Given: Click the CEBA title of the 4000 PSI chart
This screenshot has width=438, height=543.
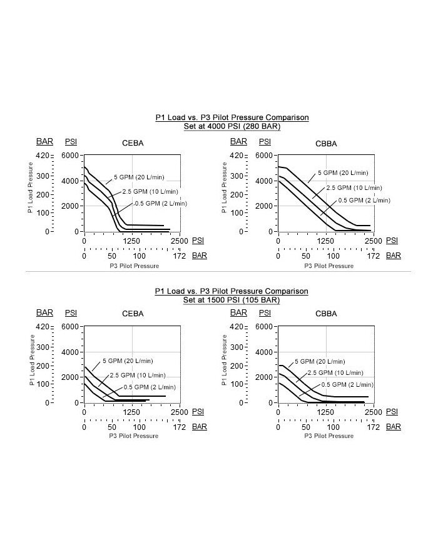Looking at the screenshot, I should [x=133, y=143].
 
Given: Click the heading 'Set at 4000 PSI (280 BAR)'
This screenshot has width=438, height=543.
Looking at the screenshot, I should [x=232, y=126].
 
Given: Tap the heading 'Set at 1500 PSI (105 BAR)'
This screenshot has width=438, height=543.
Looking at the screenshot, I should [x=232, y=300].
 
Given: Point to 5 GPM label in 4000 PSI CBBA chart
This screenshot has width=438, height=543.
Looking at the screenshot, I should [x=343, y=173].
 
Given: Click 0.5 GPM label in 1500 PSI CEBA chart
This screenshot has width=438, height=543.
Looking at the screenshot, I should [x=150, y=387].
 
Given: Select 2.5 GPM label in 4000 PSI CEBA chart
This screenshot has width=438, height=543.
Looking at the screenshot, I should [x=151, y=191].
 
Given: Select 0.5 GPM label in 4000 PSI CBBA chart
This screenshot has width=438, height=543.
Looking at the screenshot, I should [x=364, y=200].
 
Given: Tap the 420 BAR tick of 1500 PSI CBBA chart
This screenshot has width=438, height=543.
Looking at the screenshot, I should [x=237, y=327].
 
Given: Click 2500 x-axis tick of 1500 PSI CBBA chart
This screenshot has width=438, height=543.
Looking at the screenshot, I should [x=372, y=412].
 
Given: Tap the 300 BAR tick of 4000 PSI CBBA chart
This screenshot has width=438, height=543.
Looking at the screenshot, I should [x=237, y=177].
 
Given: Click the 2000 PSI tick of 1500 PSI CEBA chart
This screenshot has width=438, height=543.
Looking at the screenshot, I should [x=71, y=377].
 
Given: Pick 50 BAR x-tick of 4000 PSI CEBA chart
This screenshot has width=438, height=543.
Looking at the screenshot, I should [x=111, y=256].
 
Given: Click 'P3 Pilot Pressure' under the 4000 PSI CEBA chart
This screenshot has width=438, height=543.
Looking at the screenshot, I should [x=135, y=266].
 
